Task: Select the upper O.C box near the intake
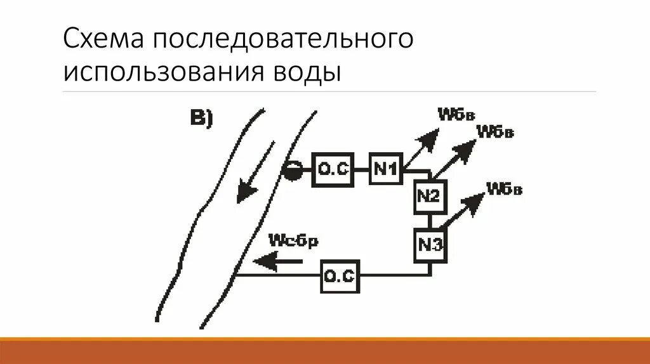[332, 170]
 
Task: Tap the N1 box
[385, 169]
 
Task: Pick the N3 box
[430, 244]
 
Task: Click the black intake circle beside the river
[291, 170]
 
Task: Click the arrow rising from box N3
[463, 212]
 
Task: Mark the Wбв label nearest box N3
[504, 189]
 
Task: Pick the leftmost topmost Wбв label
[455, 114]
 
